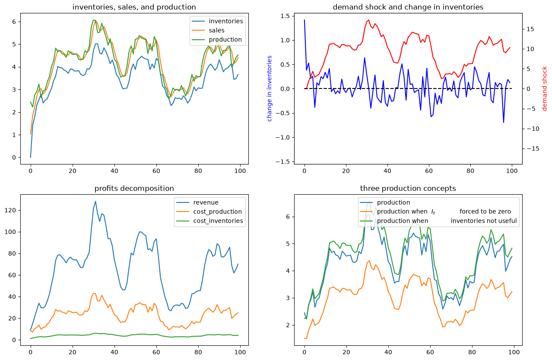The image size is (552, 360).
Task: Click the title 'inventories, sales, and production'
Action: pyautogui.click(x=134, y=7)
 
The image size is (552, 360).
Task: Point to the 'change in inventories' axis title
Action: pyautogui.click(x=270, y=88)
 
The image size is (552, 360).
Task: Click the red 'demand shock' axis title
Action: pyautogui.click(x=544, y=88)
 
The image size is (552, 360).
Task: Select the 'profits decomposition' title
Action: pyautogui.click(x=134, y=188)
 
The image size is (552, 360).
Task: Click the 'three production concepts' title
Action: pyautogui.click(x=408, y=188)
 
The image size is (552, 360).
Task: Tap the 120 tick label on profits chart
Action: pyautogui.click(x=10, y=210)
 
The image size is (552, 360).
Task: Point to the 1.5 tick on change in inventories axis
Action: pyautogui.click(x=286, y=16)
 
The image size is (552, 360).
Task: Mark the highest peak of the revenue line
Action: pyautogui.click(x=95, y=201)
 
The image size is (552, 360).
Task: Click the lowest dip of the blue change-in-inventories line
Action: pyautogui.click(x=504, y=123)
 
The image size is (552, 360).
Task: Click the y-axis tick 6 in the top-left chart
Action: pyautogui.click(x=14, y=22)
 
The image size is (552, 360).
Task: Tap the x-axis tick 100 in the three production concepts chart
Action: pyautogui.click(x=514, y=352)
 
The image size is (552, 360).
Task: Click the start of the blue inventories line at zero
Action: pyautogui.click(x=31, y=158)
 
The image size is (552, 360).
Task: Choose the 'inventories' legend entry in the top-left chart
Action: pyautogui.click(x=217, y=21)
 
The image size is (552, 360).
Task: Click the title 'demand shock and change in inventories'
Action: pyautogui.click(x=408, y=7)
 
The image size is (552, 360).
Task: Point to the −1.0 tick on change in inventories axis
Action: pyautogui.click(x=283, y=137)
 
